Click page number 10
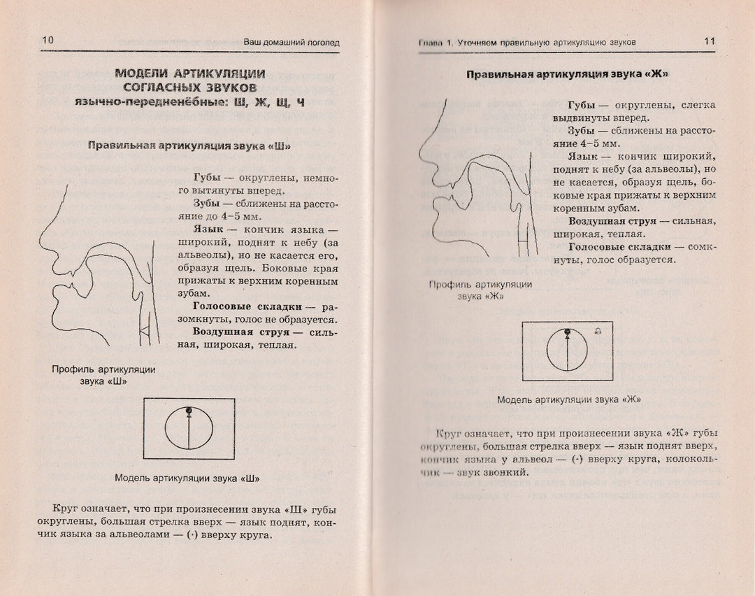click(48, 41)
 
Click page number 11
click(709, 41)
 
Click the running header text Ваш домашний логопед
click(292, 42)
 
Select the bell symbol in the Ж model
click(597, 331)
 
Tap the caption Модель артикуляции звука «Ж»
click(569, 400)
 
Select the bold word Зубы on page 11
click(582, 132)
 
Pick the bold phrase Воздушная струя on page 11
click(608, 221)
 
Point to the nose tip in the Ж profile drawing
click(421, 159)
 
